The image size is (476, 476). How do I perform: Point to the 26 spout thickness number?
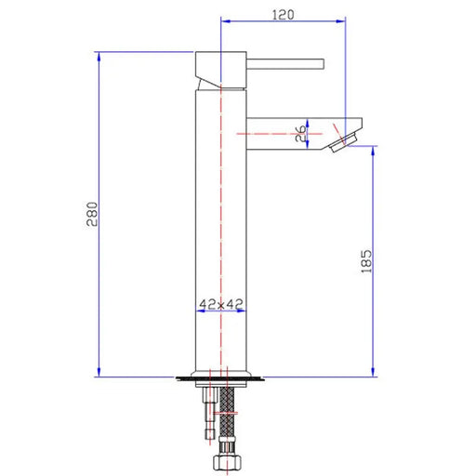[x=299, y=133]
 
